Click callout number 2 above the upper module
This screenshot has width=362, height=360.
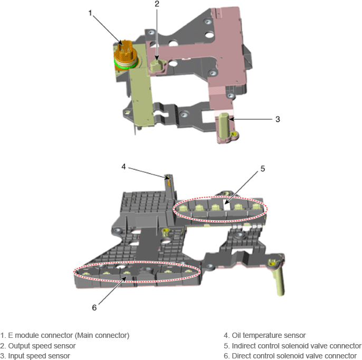click(x=157, y=4)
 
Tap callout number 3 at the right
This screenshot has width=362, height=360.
click(x=278, y=119)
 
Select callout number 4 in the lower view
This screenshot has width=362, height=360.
click(x=123, y=167)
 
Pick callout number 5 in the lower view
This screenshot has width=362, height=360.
click(x=262, y=169)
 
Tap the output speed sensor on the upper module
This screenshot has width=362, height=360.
click(x=157, y=66)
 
